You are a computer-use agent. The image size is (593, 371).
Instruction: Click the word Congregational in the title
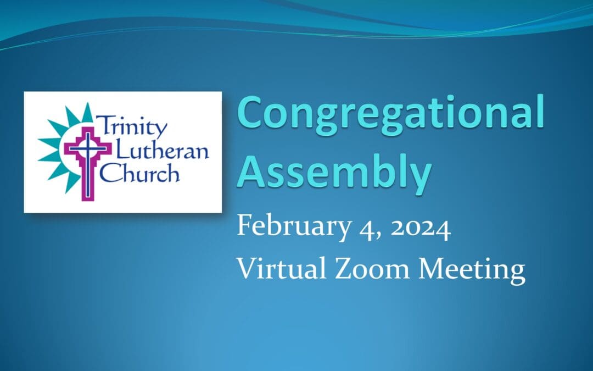point(391,113)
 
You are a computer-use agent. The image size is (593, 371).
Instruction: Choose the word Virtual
point(277,270)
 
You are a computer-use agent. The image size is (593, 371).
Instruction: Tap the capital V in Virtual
point(245,270)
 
